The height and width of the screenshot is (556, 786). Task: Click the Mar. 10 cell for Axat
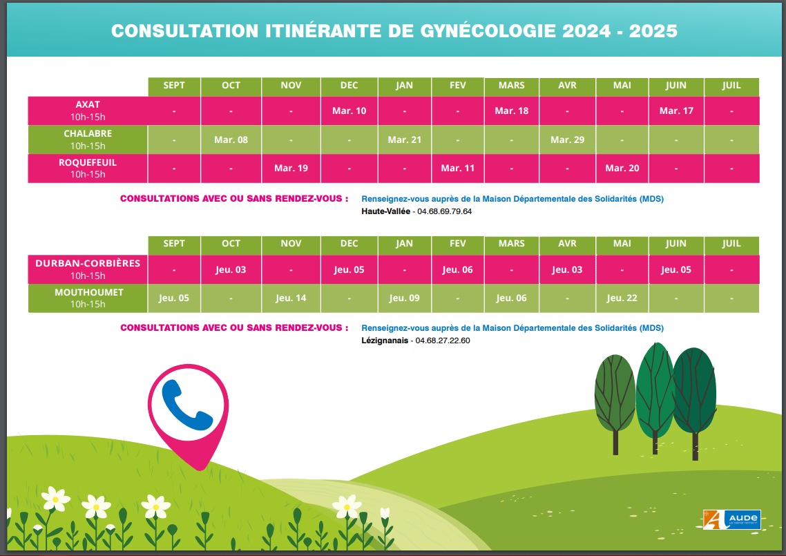(349, 111)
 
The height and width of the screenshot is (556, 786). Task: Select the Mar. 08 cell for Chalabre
(231, 140)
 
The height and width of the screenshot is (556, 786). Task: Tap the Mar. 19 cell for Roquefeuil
(291, 169)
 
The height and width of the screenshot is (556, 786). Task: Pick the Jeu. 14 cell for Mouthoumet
(291, 298)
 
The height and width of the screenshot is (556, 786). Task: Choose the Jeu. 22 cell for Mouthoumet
(622, 298)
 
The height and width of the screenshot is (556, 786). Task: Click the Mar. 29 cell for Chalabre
(567, 140)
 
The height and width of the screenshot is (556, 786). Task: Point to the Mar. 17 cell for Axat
(676, 111)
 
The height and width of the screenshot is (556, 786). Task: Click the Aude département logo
(731, 519)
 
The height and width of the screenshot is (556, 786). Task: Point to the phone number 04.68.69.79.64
(444, 211)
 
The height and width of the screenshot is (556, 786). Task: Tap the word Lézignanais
(385, 341)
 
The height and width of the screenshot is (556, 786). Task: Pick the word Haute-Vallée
(386, 211)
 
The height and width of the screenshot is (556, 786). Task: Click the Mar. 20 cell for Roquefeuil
(622, 169)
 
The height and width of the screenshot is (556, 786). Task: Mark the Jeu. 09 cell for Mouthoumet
(404, 298)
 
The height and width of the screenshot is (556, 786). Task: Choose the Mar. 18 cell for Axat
(512, 111)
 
